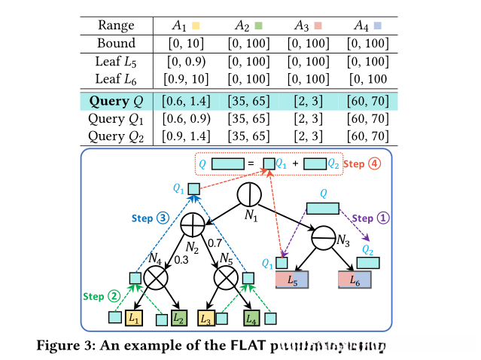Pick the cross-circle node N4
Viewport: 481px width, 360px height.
157,279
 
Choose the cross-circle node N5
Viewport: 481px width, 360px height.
226,279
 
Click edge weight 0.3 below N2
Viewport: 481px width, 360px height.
181,260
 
